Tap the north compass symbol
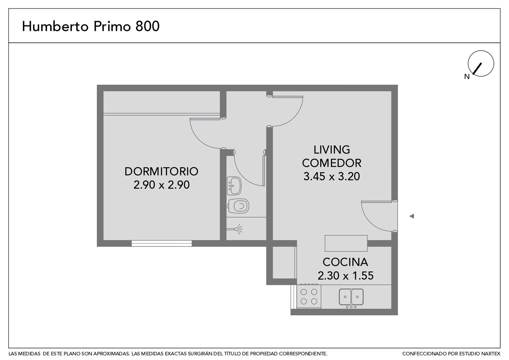[x=481, y=63]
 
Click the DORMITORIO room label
[x=161, y=171]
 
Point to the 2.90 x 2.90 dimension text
[x=161, y=185]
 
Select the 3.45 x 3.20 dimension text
[x=331, y=176]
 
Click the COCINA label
[x=345, y=262]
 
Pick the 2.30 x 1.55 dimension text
[x=345, y=276]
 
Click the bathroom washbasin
[x=234, y=186]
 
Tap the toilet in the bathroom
[x=238, y=206]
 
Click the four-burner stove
[x=309, y=296]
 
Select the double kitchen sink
[x=351, y=297]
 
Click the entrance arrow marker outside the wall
[x=411, y=216]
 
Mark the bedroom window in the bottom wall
[x=162, y=244]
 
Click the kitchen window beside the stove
[x=293, y=297]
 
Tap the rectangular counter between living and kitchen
[x=346, y=243]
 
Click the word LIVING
[x=331, y=150]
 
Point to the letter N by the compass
[x=467, y=77]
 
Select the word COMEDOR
[x=331, y=163]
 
